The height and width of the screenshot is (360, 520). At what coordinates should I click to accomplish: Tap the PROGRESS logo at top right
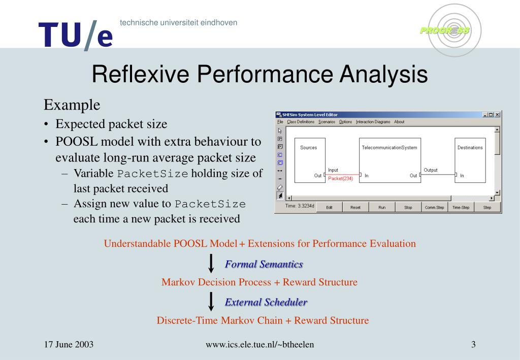pos(445,30)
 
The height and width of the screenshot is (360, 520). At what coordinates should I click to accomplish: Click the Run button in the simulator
pos(382,207)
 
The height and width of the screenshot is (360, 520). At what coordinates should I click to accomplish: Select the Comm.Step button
pos(434,207)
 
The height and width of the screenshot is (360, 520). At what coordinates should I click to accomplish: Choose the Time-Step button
pos(461,207)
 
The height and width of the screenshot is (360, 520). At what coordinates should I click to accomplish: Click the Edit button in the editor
pos(329,207)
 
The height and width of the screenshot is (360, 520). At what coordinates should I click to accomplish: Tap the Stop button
pos(408,207)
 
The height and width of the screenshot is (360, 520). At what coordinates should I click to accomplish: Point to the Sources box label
pos(308,148)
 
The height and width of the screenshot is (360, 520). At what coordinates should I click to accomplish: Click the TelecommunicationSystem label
pos(389,148)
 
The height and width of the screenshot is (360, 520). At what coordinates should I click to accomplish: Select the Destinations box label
pos(470,148)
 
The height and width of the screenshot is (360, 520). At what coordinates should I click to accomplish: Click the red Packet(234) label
pos(340,178)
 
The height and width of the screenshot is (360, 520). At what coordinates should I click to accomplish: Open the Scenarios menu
pos(327,122)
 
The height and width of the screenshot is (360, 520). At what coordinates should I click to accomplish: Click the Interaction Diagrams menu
pos(373,122)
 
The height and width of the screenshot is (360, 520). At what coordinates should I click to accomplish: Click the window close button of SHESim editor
pos(497,115)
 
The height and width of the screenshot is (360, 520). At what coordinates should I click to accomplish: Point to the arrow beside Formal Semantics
pos(211,264)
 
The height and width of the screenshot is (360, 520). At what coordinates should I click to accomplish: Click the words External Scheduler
pos(266,302)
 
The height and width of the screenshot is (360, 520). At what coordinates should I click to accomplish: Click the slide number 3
pos(473,345)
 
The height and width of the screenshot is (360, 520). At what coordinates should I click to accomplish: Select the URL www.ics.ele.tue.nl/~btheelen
pos(259,345)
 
